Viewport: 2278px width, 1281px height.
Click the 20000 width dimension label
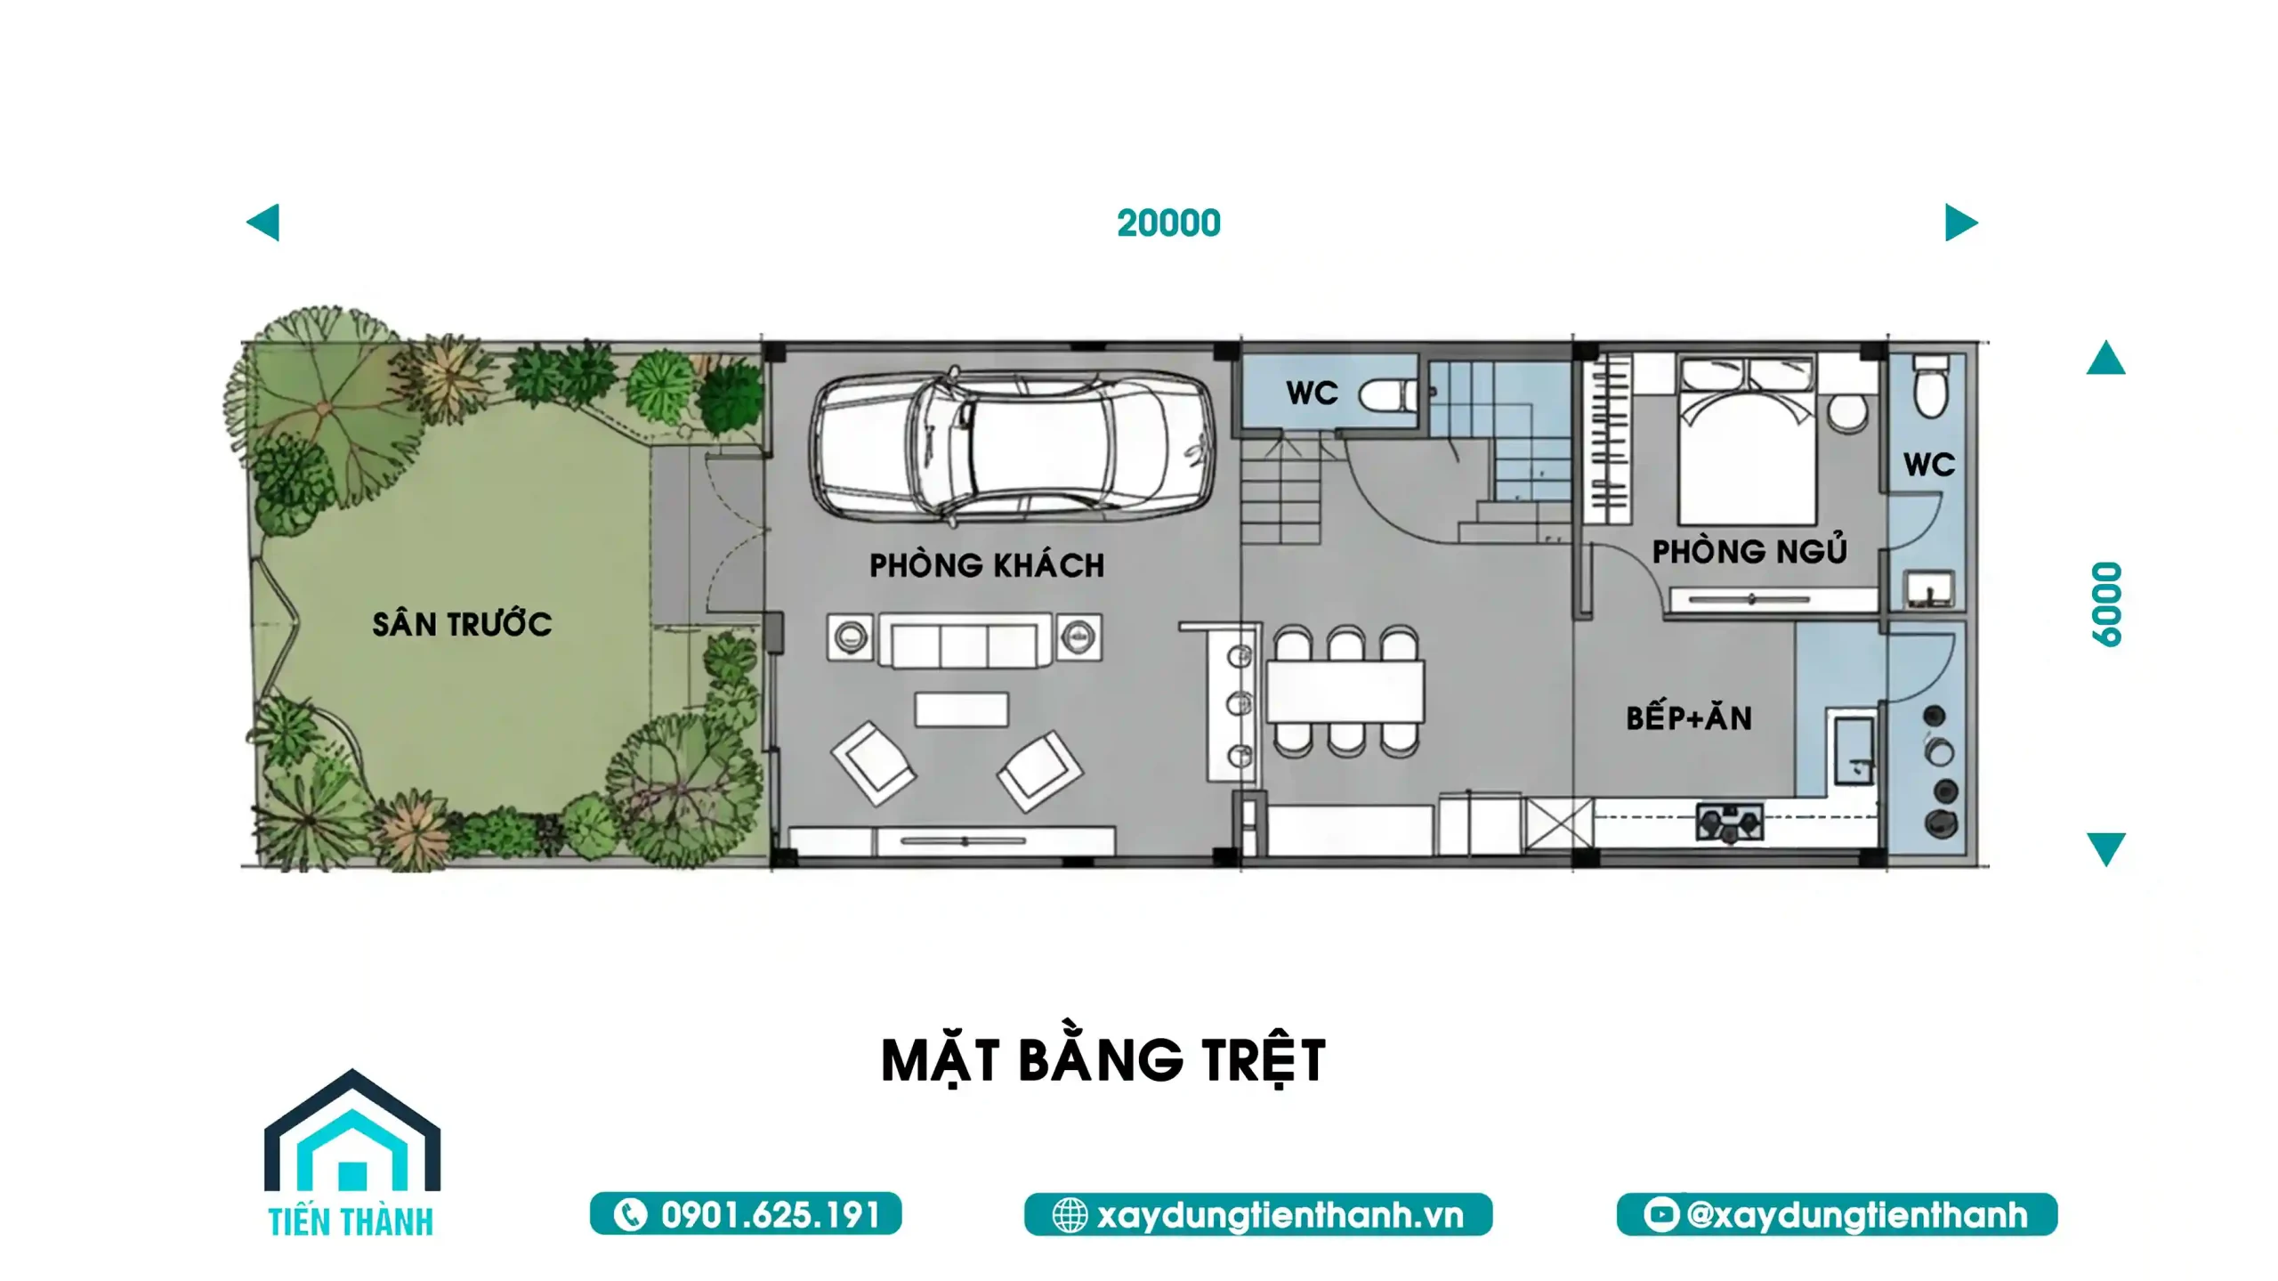pos(1168,223)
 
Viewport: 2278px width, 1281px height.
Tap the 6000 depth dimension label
pos(2106,604)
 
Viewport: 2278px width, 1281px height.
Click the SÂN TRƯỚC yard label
pos(462,624)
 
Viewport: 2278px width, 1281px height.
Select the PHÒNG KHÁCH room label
pos(987,565)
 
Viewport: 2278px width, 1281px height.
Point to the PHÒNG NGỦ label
pos(1749,550)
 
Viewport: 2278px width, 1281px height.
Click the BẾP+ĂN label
pos(1689,718)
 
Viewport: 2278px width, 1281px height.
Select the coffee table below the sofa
pos(961,709)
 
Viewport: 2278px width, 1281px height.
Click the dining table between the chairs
pos(1345,691)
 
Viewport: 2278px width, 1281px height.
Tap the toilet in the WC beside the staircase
pos(1389,396)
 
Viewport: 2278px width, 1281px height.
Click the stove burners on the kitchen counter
pos(1729,822)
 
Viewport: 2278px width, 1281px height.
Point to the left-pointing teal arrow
pos(263,223)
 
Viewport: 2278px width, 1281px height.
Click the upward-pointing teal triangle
pos(2105,358)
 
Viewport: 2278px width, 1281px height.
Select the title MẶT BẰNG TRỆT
pos(1103,1059)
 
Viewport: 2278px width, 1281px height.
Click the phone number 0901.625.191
pos(771,1215)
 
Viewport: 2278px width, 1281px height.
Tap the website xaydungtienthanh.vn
pos(1280,1215)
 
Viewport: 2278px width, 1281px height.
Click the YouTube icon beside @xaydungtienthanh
pos(1660,1214)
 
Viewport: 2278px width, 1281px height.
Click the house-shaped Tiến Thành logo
pos(352,1131)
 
